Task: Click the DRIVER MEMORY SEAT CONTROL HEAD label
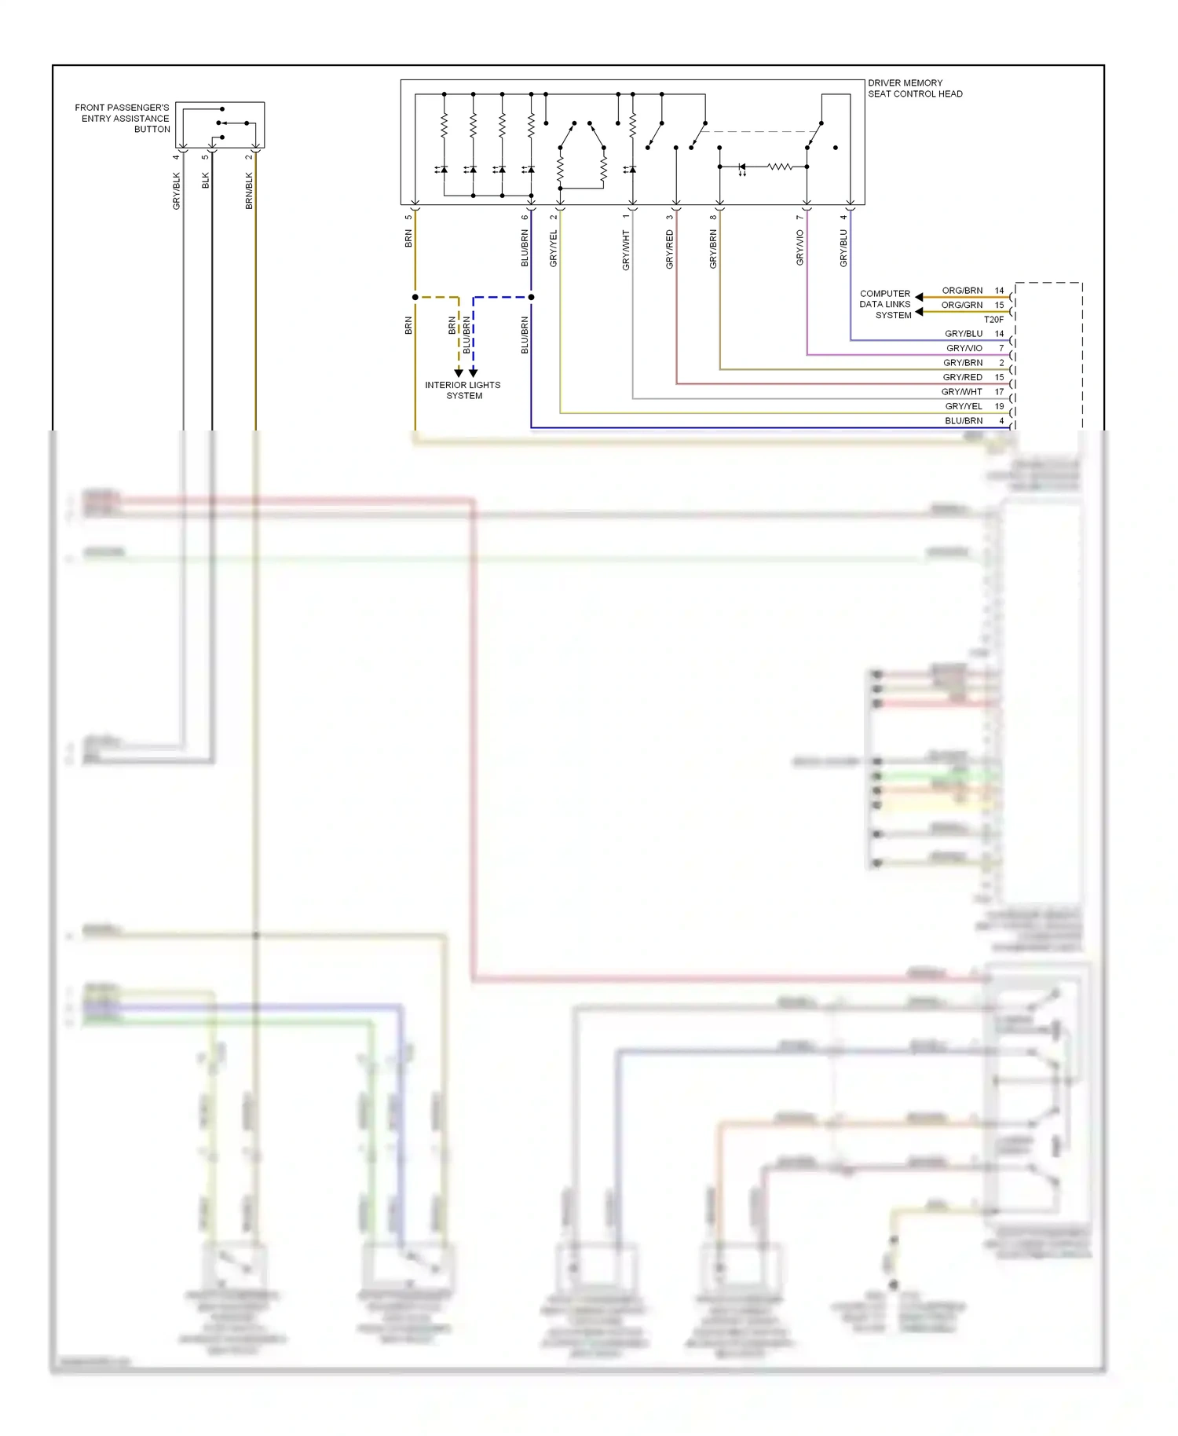pos(914,88)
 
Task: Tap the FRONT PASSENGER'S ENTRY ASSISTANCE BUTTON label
pos(123,118)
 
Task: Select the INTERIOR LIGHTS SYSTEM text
pos(463,390)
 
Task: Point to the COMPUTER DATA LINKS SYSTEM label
pos(885,304)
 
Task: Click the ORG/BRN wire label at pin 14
pos(962,291)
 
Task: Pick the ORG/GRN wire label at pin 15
pos(962,305)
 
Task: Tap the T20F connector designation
pos(993,320)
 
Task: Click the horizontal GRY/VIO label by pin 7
pos(964,348)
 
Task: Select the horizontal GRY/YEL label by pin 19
pos(964,406)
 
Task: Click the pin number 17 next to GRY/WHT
pos(999,391)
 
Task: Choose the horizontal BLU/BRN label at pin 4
pos(964,421)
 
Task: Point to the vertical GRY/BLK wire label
pos(177,191)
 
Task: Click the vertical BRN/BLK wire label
pos(249,191)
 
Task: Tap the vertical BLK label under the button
pos(206,181)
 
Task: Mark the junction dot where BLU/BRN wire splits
pos(531,297)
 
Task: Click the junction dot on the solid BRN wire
pos(415,297)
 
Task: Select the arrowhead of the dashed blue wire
pos(474,372)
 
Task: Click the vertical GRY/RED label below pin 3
pos(670,250)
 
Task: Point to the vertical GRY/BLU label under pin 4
pos(843,248)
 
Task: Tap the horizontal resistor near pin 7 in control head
pos(779,167)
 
